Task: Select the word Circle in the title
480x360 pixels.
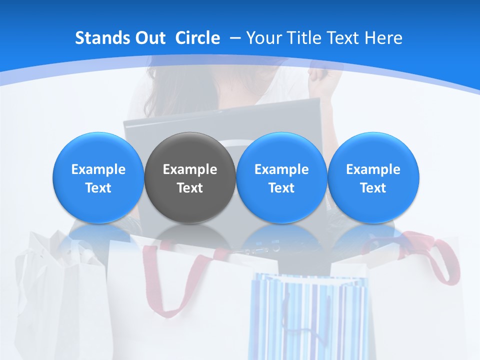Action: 197,38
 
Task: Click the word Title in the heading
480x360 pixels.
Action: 308,38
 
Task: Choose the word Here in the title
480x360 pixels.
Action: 383,38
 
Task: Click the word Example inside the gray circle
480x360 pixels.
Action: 190,169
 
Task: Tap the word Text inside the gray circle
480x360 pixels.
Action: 190,188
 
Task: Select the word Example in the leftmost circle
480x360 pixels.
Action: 98,169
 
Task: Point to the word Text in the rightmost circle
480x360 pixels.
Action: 373,188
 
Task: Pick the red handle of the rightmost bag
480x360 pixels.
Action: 445,260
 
